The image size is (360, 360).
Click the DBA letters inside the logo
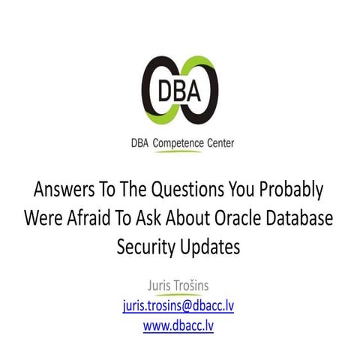(x=180, y=92)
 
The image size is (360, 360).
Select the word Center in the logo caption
(x=218, y=142)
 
